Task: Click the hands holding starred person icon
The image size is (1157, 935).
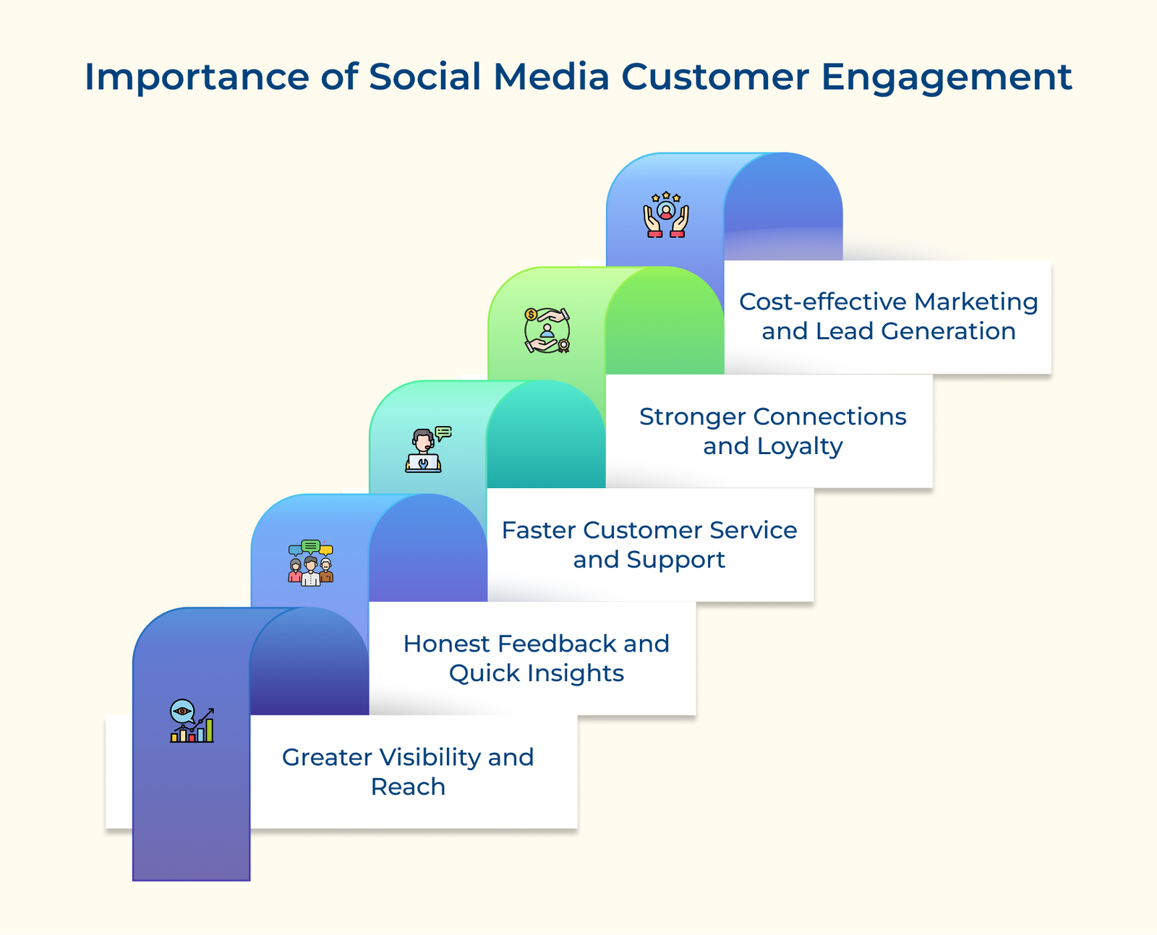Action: [x=665, y=215]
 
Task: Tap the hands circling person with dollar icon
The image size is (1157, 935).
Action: [x=547, y=330]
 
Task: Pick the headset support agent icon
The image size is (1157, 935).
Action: [x=427, y=449]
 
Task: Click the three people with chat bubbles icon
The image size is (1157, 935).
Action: [x=310, y=561]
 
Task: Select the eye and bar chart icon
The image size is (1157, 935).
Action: [x=192, y=721]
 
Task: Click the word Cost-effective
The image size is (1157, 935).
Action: [x=822, y=302]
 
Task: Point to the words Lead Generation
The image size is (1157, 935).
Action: [x=915, y=331]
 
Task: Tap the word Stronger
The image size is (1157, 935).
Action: [x=692, y=417]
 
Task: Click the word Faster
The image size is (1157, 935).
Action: [x=539, y=530]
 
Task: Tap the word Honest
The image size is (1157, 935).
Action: [x=446, y=644]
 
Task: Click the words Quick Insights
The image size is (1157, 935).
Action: [x=536, y=673]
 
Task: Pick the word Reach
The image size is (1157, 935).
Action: [x=408, y=787]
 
